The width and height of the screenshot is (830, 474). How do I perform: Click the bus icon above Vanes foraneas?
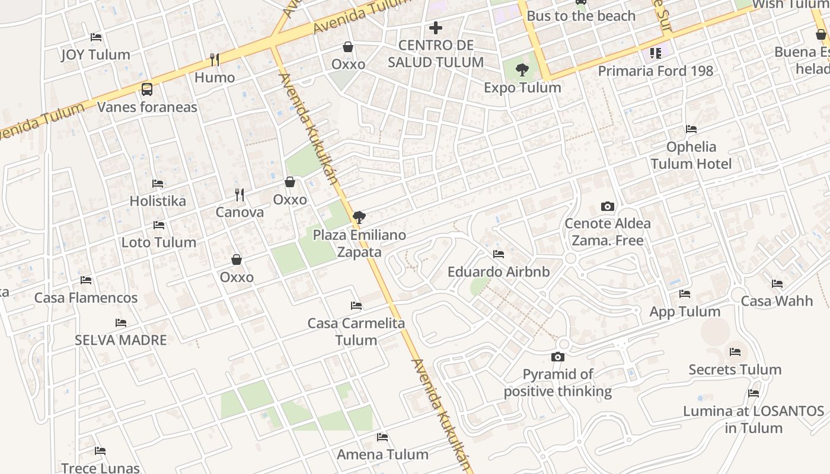[147, 89]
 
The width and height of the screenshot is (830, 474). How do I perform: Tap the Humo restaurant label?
[215, 78]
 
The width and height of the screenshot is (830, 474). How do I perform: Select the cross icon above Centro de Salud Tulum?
[436, 28]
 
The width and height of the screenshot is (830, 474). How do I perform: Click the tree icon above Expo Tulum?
[522, 71]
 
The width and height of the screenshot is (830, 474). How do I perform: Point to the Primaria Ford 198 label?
[655, 71]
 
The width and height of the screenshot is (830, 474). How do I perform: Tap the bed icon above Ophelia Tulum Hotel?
[691, 129]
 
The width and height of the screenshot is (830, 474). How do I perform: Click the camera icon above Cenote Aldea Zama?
[607, 207]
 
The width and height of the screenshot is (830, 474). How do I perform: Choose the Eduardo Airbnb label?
[499, 272]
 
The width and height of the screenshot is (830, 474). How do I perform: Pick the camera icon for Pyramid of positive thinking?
[557, 357]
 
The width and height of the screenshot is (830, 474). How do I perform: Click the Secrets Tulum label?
[735, 370]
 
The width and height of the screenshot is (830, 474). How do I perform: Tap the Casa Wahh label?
[777, 301]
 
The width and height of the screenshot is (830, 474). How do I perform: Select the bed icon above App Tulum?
[685, 294]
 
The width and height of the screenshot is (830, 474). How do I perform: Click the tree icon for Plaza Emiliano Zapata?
[359, 217]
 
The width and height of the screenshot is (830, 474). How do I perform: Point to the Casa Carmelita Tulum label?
[356, 332]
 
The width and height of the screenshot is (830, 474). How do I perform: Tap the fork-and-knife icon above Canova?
[240, 194]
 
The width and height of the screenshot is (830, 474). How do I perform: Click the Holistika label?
[158, 201]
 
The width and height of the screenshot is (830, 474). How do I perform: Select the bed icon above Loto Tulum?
[158, 225]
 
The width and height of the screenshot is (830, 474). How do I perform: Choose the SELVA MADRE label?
[120, 340]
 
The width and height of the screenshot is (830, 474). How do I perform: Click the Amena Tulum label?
[382, 454]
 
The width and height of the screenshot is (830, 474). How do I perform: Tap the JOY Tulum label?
[95, 55]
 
